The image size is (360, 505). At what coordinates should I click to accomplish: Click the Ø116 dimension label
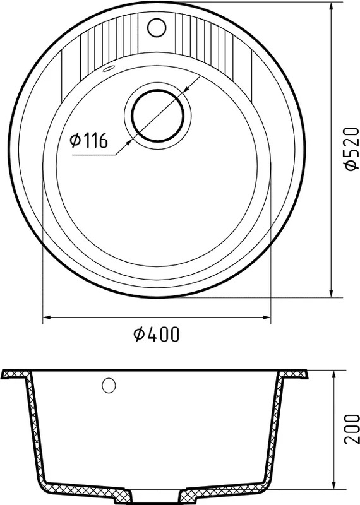coord(88,140)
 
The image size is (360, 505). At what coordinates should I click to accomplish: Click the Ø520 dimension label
coord(351,148)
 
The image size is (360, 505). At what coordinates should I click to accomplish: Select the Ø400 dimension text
coord(156,334)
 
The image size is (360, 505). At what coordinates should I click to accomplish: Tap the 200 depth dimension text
coord(352,429)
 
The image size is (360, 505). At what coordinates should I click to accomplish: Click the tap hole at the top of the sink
coord(157,27)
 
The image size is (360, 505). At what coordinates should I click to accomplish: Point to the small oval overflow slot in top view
coord(108,69)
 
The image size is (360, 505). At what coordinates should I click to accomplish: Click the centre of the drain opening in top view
coord(158,116)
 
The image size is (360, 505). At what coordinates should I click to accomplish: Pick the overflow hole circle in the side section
coord(109,386)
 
